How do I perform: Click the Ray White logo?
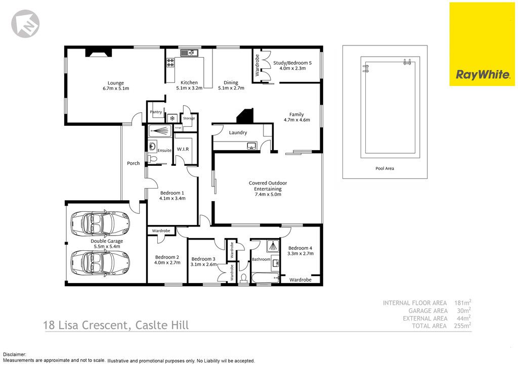(482, 44)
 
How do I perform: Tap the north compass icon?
(25, 24)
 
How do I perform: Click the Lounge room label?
(116, 83)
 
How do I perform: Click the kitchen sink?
(189, 53)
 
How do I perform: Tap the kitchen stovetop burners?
(170, 63)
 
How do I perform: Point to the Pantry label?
(156, 112)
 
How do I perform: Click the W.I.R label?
(183, 149)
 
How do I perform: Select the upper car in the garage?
(100, 223)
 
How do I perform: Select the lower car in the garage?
(100, 262)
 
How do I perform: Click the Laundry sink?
(252, 146)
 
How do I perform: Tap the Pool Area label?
(384, 168)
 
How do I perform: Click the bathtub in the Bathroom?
(265, 278)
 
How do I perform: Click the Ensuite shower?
(160, 130)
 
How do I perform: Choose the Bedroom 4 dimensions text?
(300, 253)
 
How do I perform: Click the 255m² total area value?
(462, 326)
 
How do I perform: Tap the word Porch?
(134, 163)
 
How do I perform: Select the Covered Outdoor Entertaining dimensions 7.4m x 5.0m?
(268, 195)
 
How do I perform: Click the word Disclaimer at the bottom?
(15, 355)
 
